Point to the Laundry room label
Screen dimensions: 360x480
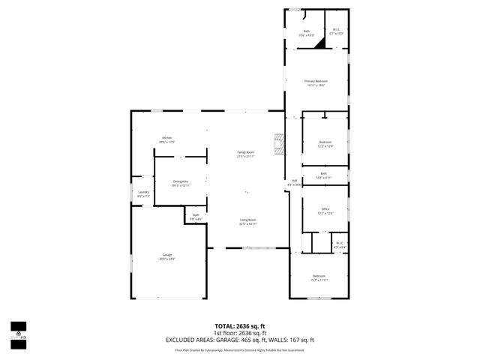point(143,193)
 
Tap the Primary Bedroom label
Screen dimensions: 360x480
point(316,82)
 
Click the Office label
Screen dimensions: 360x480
point(325,211)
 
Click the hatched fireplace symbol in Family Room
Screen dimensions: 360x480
point(279,144)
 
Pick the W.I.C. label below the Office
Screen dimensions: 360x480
point(338,244)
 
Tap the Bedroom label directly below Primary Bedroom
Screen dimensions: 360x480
point(325,143)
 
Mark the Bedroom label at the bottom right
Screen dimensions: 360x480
point(319,277)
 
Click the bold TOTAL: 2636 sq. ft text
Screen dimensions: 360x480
point(240,326)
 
